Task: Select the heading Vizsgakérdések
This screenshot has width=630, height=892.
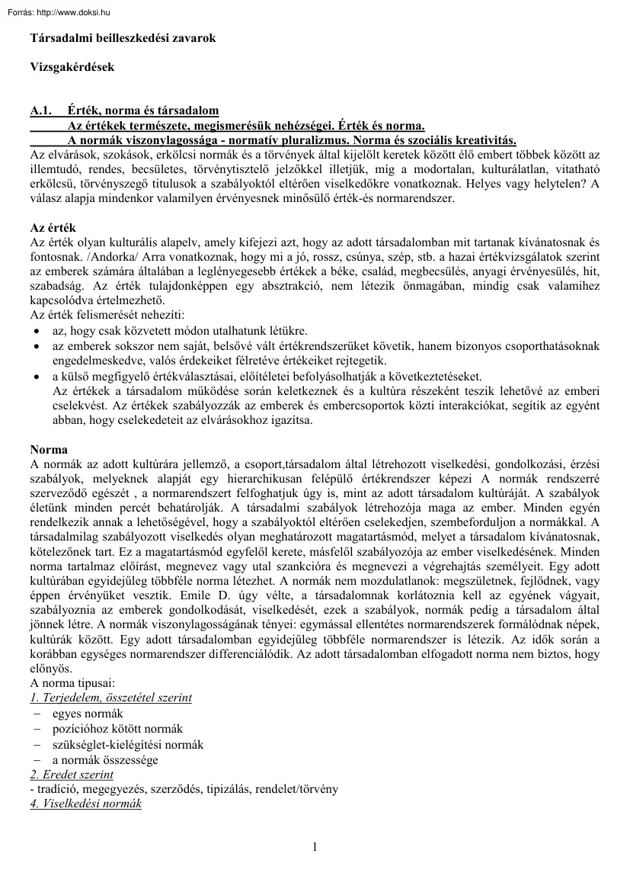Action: (x=72, y=67)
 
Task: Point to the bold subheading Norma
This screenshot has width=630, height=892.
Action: (x=49, y=449)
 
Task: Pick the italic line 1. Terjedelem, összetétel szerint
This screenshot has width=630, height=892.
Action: (x=110, y=698)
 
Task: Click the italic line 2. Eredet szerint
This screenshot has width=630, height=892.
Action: (x=72, y=775)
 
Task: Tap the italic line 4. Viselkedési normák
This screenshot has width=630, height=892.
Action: (x=86, y=804)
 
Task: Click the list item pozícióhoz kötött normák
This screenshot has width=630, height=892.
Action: (x=117, y=729)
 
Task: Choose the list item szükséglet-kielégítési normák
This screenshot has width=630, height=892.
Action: (x=128, y=744)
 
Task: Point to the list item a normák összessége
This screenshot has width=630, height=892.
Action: (x=105, y=759)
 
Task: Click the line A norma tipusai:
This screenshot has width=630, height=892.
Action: (x=72, y=683)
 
